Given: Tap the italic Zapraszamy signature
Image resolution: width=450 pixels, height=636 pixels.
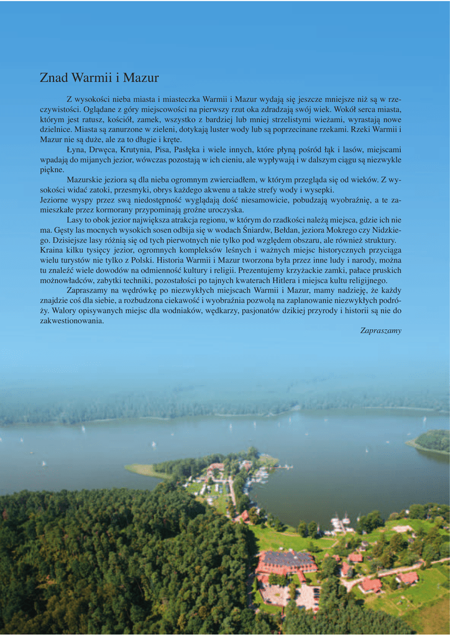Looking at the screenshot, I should click(380, 330).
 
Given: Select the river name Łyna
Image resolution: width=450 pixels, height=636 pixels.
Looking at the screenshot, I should click(76, 150).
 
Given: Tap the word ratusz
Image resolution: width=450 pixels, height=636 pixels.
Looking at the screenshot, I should click(98, 119).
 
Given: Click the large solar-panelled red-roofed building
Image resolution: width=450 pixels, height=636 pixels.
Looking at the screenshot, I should click(287, 561).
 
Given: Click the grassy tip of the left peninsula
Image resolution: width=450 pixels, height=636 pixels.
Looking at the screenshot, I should click(139, 470).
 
